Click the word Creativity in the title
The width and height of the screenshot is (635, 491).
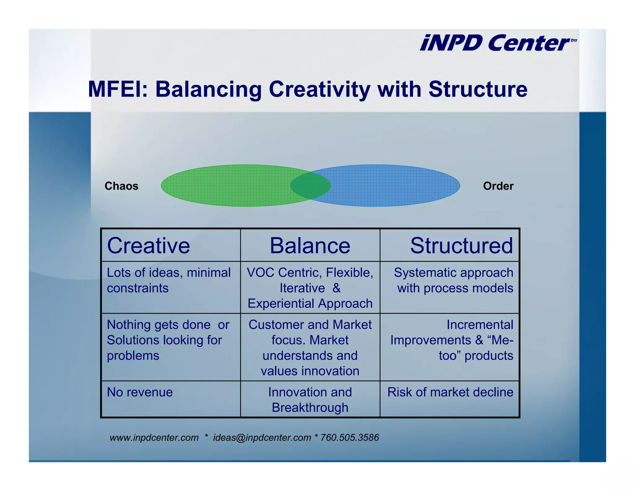point(319,90)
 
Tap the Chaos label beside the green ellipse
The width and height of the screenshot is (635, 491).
point(121,186)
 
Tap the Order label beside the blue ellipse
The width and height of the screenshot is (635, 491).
point(498,186)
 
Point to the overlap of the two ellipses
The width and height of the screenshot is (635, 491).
point(310,186)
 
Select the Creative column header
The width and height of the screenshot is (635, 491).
point(149,245)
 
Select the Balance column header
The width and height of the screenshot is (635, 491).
point(310,245)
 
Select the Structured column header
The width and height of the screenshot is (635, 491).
point(461,245)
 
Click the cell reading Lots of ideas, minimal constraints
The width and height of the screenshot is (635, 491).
point(169,280)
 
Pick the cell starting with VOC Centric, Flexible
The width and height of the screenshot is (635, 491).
point(310,288)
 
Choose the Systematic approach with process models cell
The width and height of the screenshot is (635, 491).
point(453,280)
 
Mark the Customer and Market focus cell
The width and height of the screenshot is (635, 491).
point(310,348)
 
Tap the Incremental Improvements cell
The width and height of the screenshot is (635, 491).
point(451,340)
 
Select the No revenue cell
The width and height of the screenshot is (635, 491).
point(140,392)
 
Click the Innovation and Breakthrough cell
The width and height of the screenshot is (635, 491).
point(310,400)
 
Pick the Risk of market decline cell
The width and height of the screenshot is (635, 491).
point(450,392)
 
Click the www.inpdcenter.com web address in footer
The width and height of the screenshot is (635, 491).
point(154,438)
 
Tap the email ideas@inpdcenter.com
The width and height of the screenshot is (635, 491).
point(262,438)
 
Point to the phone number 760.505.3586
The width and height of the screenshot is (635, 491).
point(349,438)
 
